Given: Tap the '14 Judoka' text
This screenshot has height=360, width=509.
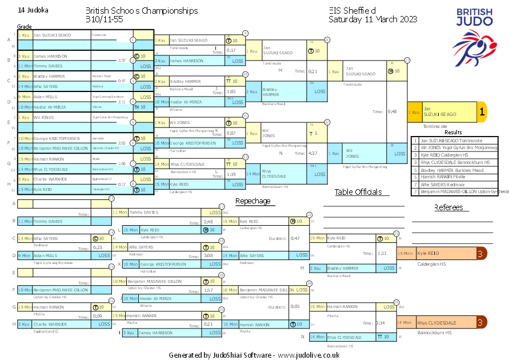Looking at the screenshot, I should pos(33,10).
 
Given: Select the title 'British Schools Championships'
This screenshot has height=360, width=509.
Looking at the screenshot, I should pos(142,11).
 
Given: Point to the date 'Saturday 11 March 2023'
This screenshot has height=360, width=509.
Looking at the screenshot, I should pos(373,19).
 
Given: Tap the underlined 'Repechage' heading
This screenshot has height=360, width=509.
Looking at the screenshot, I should pos(253,201).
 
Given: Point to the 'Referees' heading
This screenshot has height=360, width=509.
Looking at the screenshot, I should pos(448,207).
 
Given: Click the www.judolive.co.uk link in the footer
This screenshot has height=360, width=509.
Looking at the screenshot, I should pos(308,355).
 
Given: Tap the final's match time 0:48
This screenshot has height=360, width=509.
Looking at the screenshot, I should pos(392,112).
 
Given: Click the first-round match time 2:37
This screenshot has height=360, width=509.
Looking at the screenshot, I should pos(122,60).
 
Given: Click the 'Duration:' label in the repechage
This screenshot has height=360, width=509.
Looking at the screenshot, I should pos(277,238).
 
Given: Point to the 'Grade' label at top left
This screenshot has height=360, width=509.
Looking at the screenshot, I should pos(24,26).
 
